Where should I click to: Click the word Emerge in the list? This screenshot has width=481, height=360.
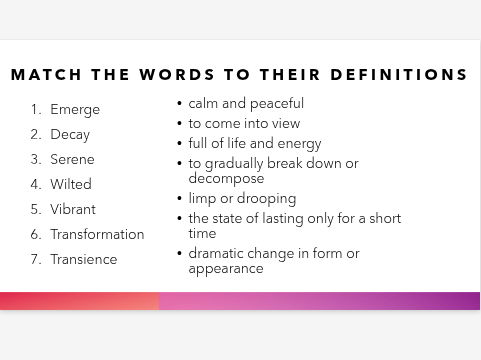[x=75, y=110]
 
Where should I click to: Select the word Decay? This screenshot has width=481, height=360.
[x=70, y=135]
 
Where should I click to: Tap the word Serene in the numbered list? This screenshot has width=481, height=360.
[x=72, y=160]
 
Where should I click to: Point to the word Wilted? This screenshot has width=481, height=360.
[x=71, y=185]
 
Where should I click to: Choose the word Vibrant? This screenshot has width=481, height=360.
[x=74, y=210]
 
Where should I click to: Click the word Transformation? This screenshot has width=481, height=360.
[x=97, y=235]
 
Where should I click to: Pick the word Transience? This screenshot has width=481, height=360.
[x=84, y=260]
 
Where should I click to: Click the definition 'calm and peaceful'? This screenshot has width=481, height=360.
[x=246, y=104]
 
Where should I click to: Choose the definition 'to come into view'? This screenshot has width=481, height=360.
[x=244, y=124]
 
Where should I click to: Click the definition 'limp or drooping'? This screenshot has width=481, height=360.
[x=241, y=199]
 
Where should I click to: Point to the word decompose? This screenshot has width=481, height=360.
[x=226, y=179]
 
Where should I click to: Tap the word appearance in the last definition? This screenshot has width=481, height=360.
[x=226, y=269]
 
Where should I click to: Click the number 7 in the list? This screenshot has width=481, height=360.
[x=35, y=260]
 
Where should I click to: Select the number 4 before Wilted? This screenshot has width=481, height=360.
[x=35, y=185]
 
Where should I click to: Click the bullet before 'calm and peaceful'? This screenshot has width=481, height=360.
[x=179, y=104]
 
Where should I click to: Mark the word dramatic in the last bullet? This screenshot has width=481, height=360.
[x=217, y=254]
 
